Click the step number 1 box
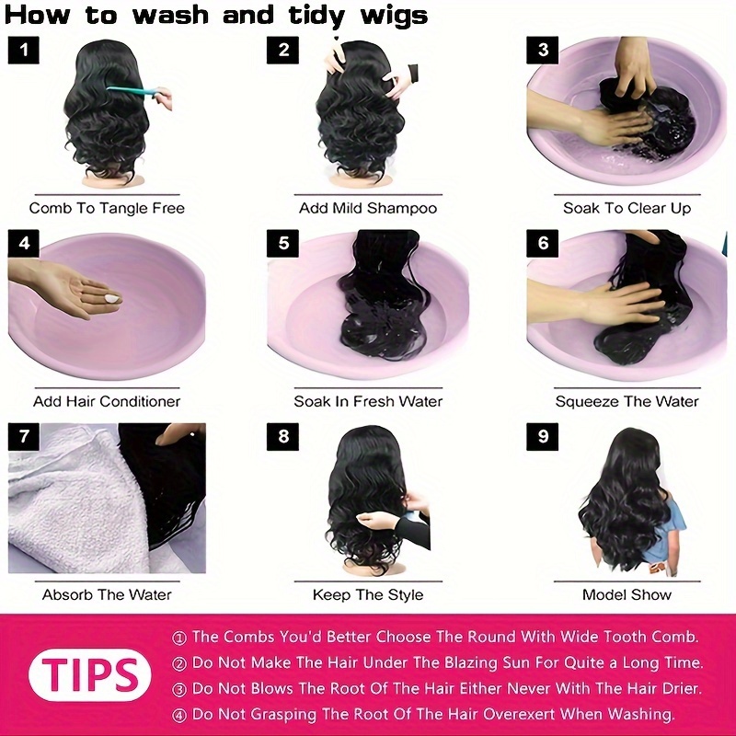coord(24,50)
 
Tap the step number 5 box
coord(282,243)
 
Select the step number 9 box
coord(542,436)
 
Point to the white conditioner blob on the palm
coord(112,298)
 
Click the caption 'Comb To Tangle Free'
coord(107,208)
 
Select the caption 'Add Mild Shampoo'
coord(368,208)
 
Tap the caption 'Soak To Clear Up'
coord(627,208)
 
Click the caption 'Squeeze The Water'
coord(627,401)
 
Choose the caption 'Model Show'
coord(627,594)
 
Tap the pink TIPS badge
coord(89,675)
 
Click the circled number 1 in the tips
coord(179,638)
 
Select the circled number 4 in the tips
coord(179,716)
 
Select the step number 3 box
coord(542,50)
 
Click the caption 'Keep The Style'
coord(368,594)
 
